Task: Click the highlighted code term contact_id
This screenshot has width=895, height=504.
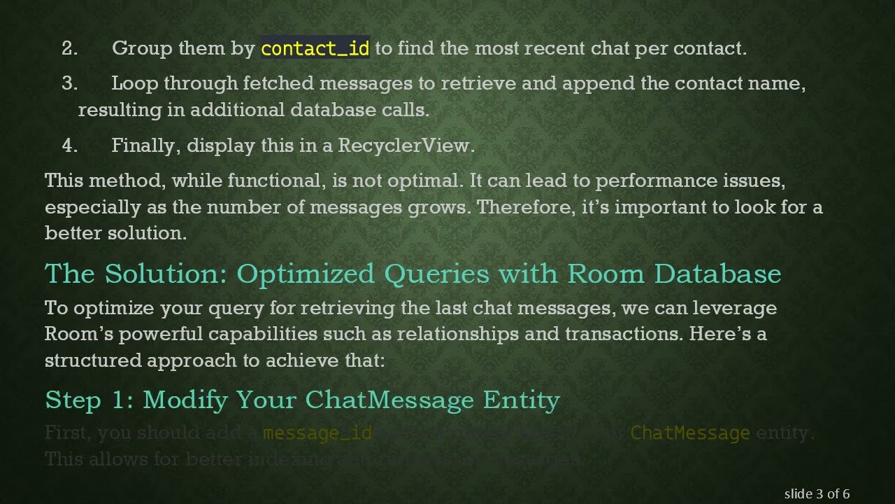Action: pos(315,48)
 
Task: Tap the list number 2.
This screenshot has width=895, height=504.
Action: pos(69,48)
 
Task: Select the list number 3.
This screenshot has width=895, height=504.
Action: pos(69,83)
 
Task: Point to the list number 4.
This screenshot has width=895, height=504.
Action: pos(69,146)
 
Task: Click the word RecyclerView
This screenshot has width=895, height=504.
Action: pos(406,146)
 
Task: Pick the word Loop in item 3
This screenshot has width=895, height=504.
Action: pos(135,83)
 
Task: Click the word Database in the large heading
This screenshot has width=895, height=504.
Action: pos(717,274)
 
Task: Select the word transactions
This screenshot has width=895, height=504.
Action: pos(623,334)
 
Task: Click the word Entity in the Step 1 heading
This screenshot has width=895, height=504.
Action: pos(522,400)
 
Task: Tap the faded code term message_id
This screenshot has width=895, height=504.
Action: pos(317,433)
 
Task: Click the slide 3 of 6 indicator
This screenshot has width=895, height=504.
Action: pos(817,493)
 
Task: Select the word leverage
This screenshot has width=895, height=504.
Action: pos(738,308)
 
